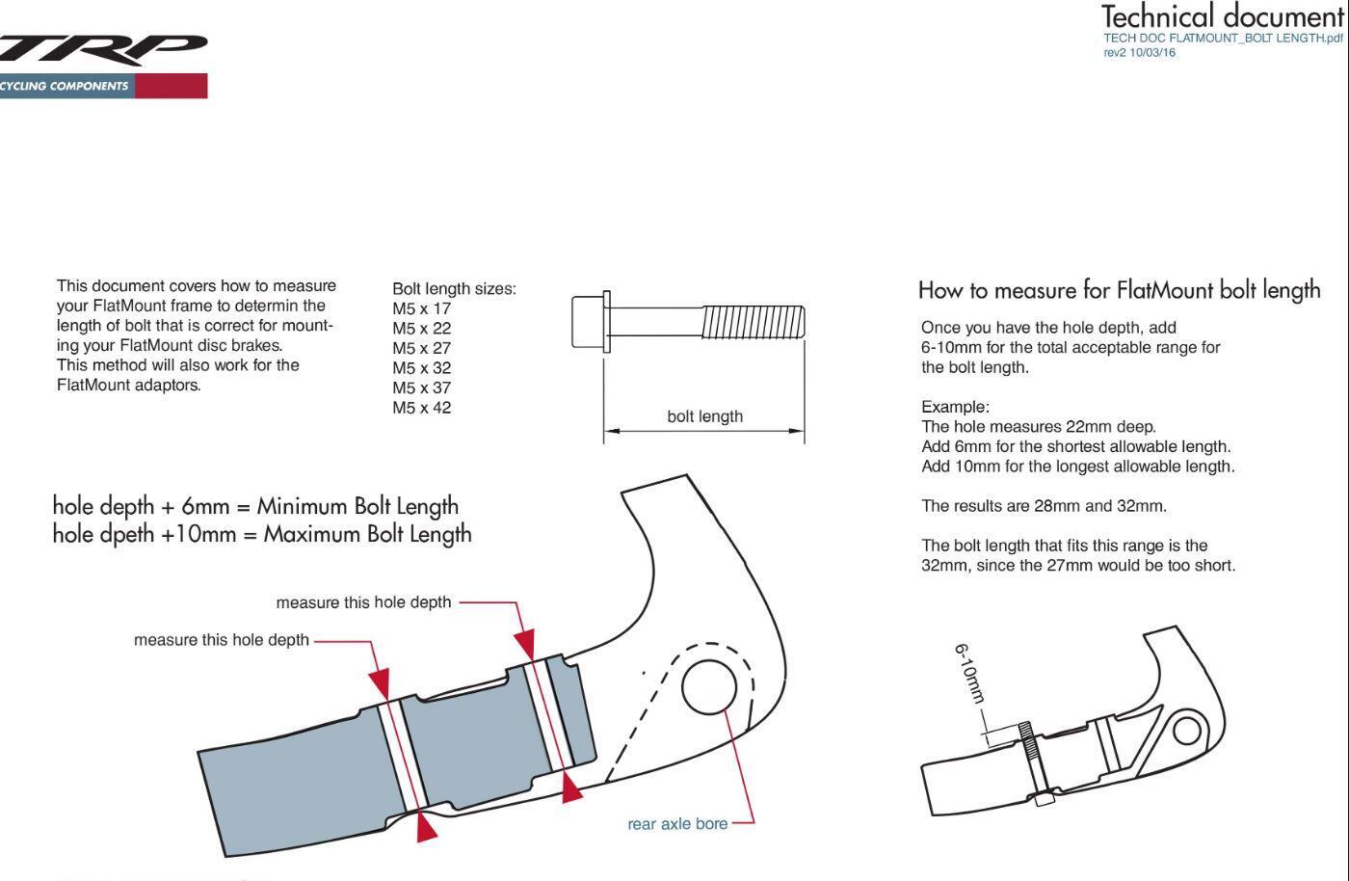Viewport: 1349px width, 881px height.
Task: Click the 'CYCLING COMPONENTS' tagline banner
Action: coord(66,86)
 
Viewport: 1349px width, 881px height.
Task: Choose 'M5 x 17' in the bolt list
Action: coord(421,308)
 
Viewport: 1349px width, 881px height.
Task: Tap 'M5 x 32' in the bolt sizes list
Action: coord(421,367)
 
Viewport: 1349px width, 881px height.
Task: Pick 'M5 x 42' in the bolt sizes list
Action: coord(421,407)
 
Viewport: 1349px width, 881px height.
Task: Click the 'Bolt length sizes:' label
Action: coord(454,288)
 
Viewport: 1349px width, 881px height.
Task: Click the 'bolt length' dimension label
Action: coord(704,416)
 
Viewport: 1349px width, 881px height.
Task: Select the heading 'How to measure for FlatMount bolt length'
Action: coord(1119,290)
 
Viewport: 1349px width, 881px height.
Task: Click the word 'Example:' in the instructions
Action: coord(955,407)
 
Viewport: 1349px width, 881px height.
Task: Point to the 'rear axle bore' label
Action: coord(677,824)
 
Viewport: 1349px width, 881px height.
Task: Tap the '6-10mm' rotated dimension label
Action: coord(971,674)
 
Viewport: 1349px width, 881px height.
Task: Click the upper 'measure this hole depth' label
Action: coord(363,602)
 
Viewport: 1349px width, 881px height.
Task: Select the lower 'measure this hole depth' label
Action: coord(222,640)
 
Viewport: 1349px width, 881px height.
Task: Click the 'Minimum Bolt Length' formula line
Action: coord(255,506)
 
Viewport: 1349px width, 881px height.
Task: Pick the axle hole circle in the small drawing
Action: coord(1187,731)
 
